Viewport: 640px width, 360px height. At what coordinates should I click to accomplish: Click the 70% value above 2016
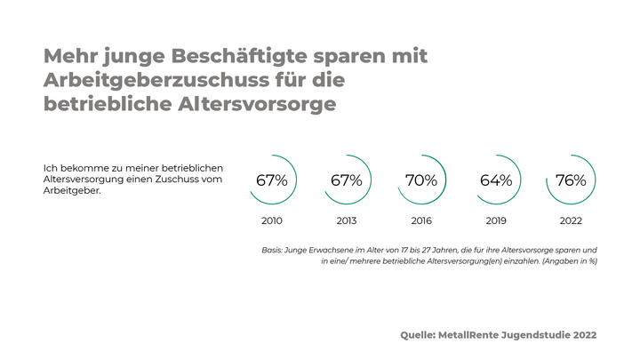click(420, 180)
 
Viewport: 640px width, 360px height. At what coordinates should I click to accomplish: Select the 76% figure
click(570, 180)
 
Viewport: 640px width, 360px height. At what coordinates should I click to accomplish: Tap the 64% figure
click(495, 180)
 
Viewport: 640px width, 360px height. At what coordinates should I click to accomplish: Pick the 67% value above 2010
click(271, 180)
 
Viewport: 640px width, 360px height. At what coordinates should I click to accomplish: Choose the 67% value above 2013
click(346, 180)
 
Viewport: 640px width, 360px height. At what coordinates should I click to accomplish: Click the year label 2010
click(271, 220)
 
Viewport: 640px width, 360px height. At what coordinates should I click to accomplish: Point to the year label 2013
click(346, 220)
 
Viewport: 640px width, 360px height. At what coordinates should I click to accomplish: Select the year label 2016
click(420, 220)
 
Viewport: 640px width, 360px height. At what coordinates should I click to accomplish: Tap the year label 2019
click(495, 220)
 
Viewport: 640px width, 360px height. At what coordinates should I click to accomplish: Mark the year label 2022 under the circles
click(570, 220)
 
